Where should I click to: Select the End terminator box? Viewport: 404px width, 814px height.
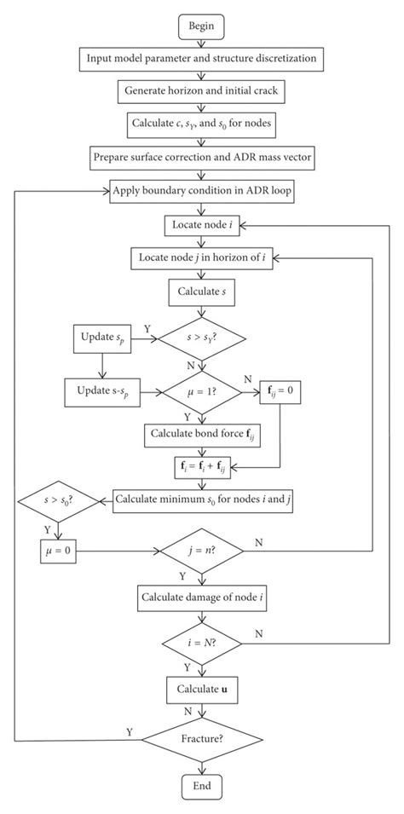[201, 784]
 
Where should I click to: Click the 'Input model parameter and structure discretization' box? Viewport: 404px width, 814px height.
[201, 60]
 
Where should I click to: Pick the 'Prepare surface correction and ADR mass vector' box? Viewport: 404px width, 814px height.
[201, 157]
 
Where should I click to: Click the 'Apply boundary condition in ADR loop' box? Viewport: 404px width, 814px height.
[201, 189]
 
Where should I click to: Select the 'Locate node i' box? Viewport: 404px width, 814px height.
[201, 226]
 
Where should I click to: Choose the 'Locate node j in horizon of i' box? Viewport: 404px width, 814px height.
[201, 257]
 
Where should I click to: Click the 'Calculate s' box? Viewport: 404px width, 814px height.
[201, 292]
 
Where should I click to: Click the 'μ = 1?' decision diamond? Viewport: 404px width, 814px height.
[201, 393]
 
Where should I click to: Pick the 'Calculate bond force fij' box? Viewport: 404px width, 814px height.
[201, 434]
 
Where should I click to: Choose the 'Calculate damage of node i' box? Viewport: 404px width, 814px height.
[201, 598]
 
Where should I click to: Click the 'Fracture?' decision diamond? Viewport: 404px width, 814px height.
[201, 739]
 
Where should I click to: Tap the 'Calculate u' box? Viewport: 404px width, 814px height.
[201, 687]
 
